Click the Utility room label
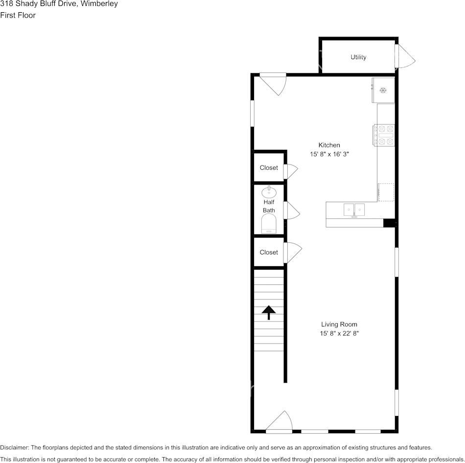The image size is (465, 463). coord(358,57)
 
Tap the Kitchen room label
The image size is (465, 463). coord(329,145)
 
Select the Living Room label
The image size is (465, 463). coord(339,324)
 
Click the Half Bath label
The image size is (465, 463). coord(269,206)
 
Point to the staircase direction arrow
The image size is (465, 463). coord(269,313)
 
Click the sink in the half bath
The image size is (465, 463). coord(269,192)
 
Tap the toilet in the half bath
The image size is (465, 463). coord(269,223)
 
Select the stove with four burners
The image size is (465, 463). coord(384,135)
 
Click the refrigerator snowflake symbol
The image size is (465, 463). coord(383,90)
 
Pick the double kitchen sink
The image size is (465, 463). coord(354,210)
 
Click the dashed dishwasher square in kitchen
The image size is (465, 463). coord(386,192)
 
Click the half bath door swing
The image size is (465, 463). coord(292,210)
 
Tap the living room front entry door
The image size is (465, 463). coord(279,421)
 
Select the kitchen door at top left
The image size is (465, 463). coord(273,84)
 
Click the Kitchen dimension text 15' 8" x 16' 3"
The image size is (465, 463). coord(329,154)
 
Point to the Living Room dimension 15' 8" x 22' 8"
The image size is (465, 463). coord(339,333)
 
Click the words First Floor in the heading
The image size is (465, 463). coord(18,16)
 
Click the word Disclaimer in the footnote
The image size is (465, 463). coord(14,447)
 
